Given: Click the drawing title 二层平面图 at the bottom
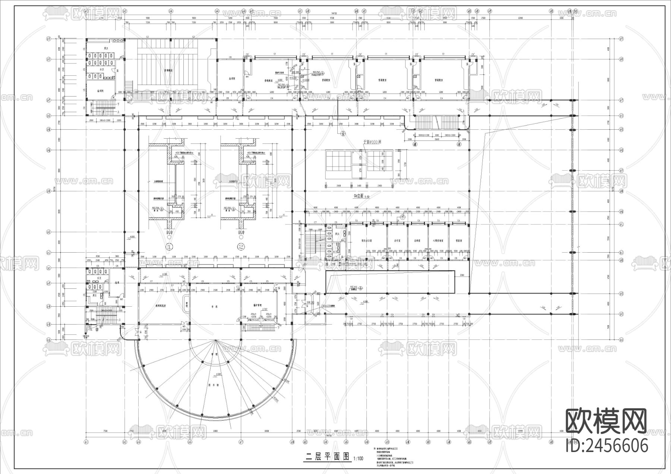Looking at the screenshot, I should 328,457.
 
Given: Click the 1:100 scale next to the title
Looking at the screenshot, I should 358,458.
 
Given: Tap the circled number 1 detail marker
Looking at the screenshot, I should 170,247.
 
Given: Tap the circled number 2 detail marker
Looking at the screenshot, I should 241,247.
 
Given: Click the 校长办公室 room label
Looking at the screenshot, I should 367,241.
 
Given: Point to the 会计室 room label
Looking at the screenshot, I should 397,241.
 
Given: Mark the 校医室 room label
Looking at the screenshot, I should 459,241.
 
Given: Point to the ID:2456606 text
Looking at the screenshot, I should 607,445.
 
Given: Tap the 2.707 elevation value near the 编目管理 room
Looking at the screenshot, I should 264,309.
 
